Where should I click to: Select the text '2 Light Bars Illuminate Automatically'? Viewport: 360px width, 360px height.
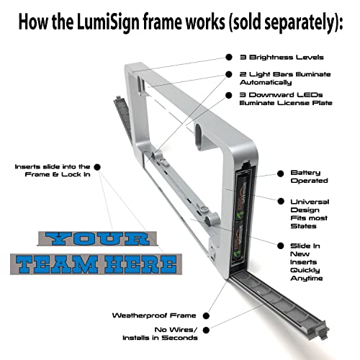(x=284, y=78)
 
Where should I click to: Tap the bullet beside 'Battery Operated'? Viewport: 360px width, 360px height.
(x=280, y=173)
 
